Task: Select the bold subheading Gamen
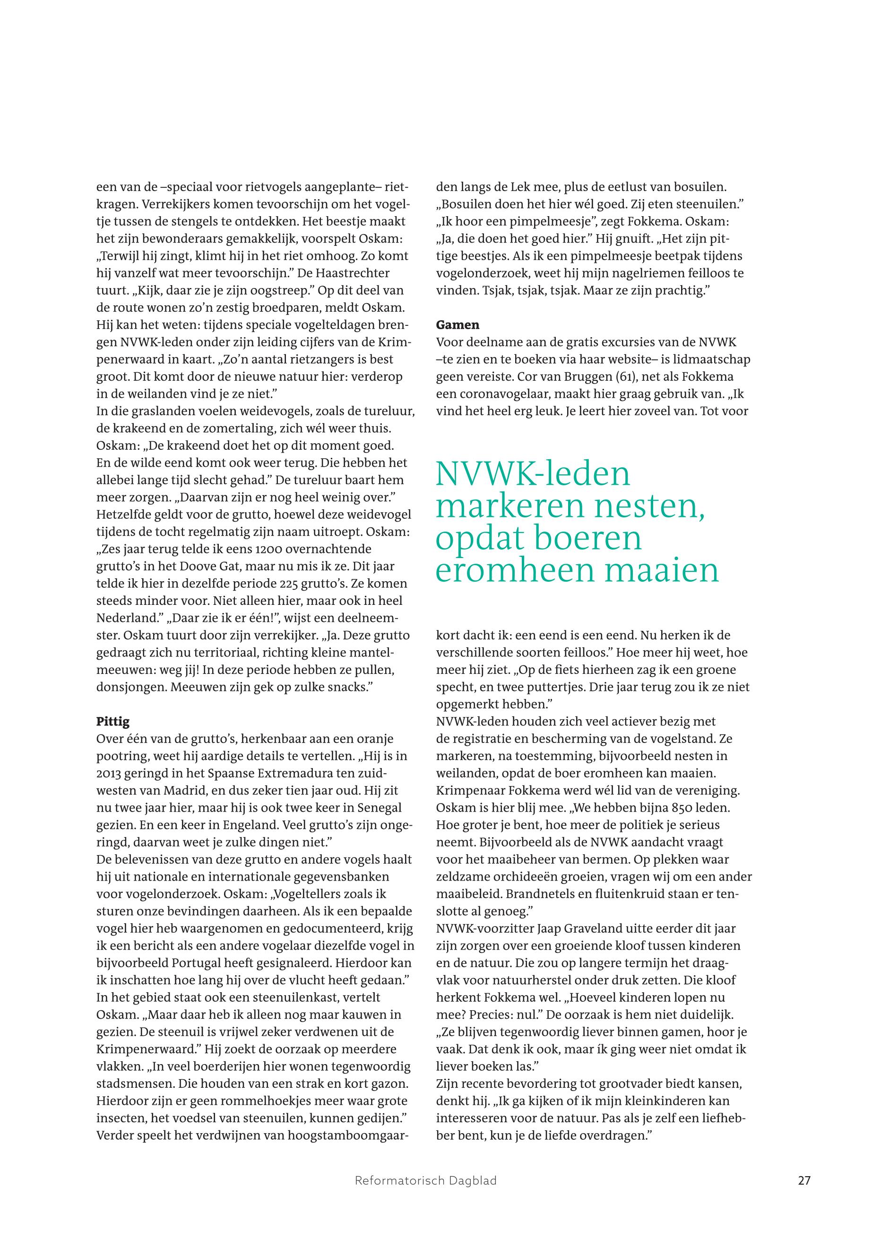point(458,325)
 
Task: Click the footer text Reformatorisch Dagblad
point(426,1196)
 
